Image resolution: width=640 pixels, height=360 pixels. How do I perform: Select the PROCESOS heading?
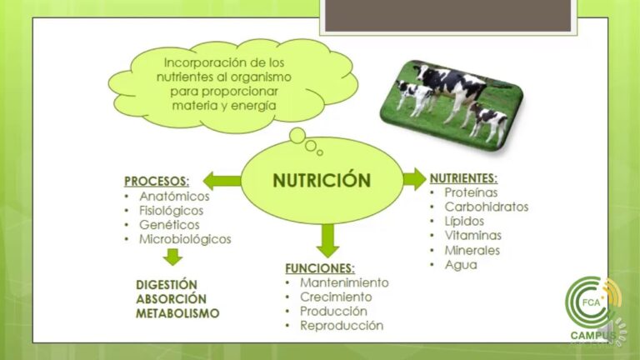click(x=156, y=181)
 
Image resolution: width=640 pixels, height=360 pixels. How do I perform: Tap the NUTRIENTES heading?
click(x=463, y=177)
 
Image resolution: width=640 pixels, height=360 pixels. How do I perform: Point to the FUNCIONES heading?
click(x=320, y=268)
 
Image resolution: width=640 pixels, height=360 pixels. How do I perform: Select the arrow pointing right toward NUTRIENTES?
click(x=413, y=178)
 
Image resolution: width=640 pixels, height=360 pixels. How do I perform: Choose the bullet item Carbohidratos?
click(x=486, y=207)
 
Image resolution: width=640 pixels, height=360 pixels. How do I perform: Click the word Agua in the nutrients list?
click(x=461, y=264)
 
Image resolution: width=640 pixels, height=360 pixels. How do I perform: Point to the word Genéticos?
click(x=169, y=225)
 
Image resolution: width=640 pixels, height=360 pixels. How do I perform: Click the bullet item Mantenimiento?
click(x=344, y=282)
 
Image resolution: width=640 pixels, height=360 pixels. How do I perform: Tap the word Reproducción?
click(x=342, y=325)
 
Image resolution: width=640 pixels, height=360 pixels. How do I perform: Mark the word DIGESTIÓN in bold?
click(x=167, y=284)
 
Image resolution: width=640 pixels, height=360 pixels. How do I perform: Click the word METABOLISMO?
click(x=177, y=313)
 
